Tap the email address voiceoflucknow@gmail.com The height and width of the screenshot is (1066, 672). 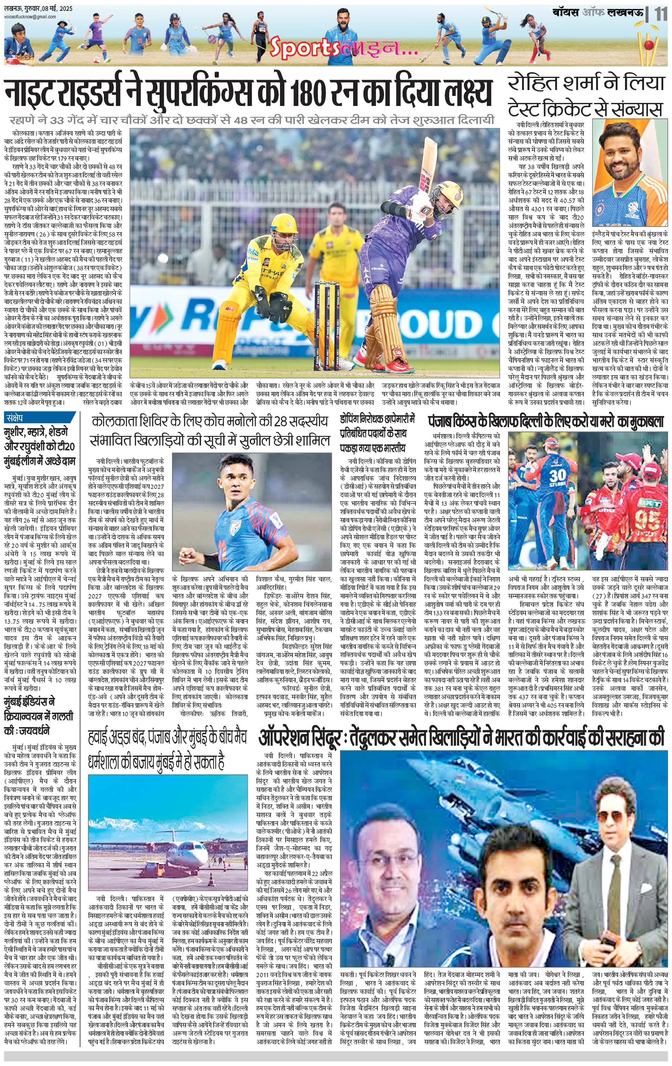[29, 17]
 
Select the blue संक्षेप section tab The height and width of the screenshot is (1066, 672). [18, 418]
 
